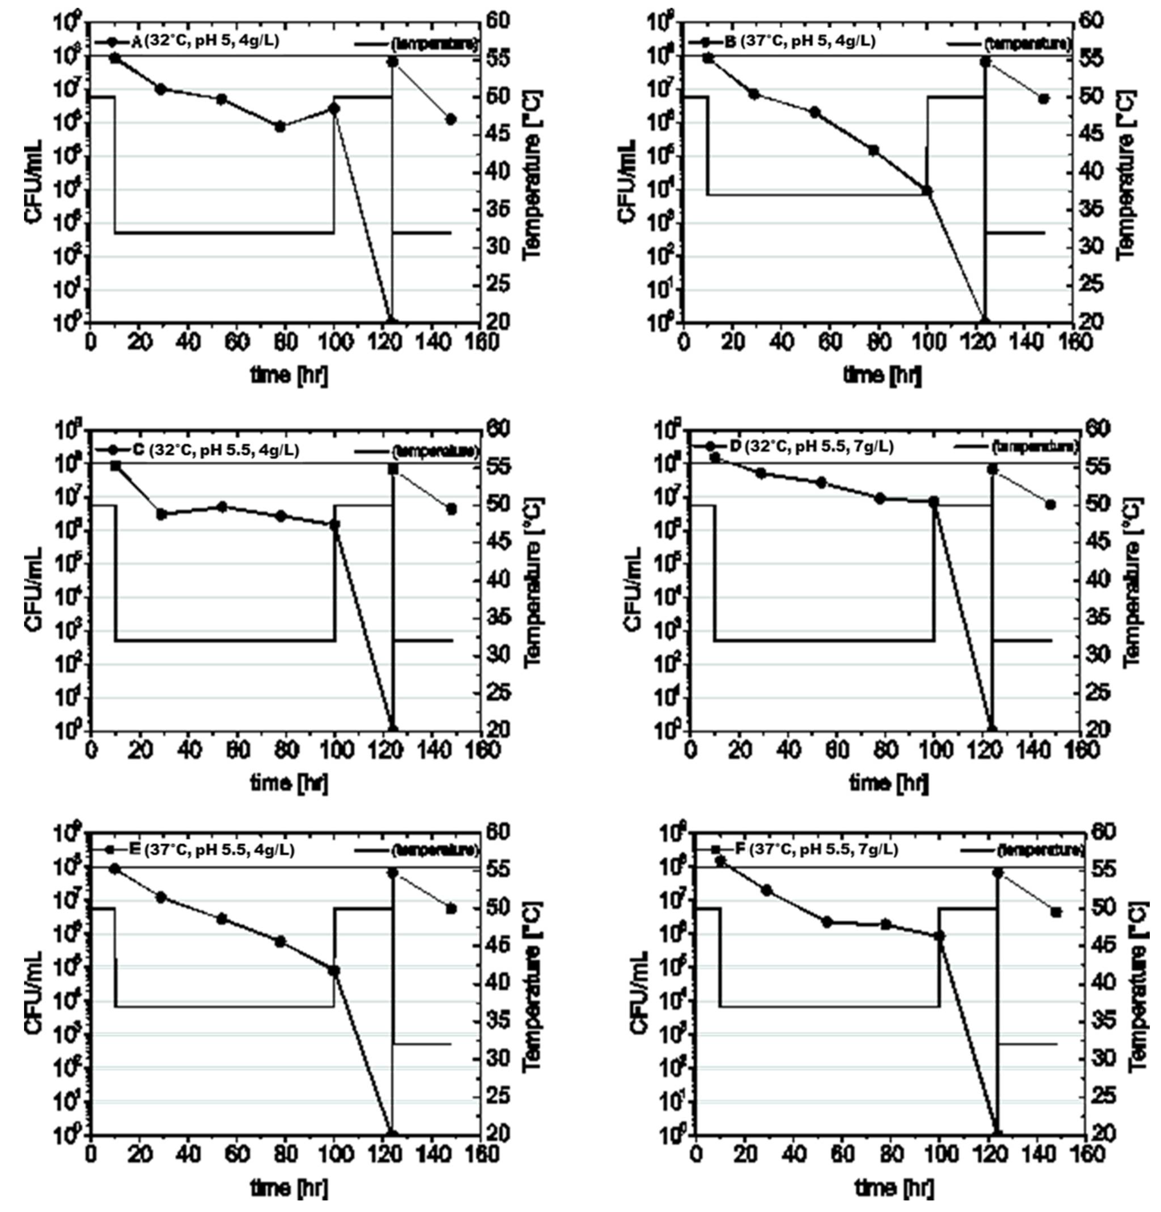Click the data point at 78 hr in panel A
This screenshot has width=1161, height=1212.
click(280, 126)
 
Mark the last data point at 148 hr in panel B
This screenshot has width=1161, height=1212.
click(1044, 99)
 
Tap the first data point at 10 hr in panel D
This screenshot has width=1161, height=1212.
click(715, 458)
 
